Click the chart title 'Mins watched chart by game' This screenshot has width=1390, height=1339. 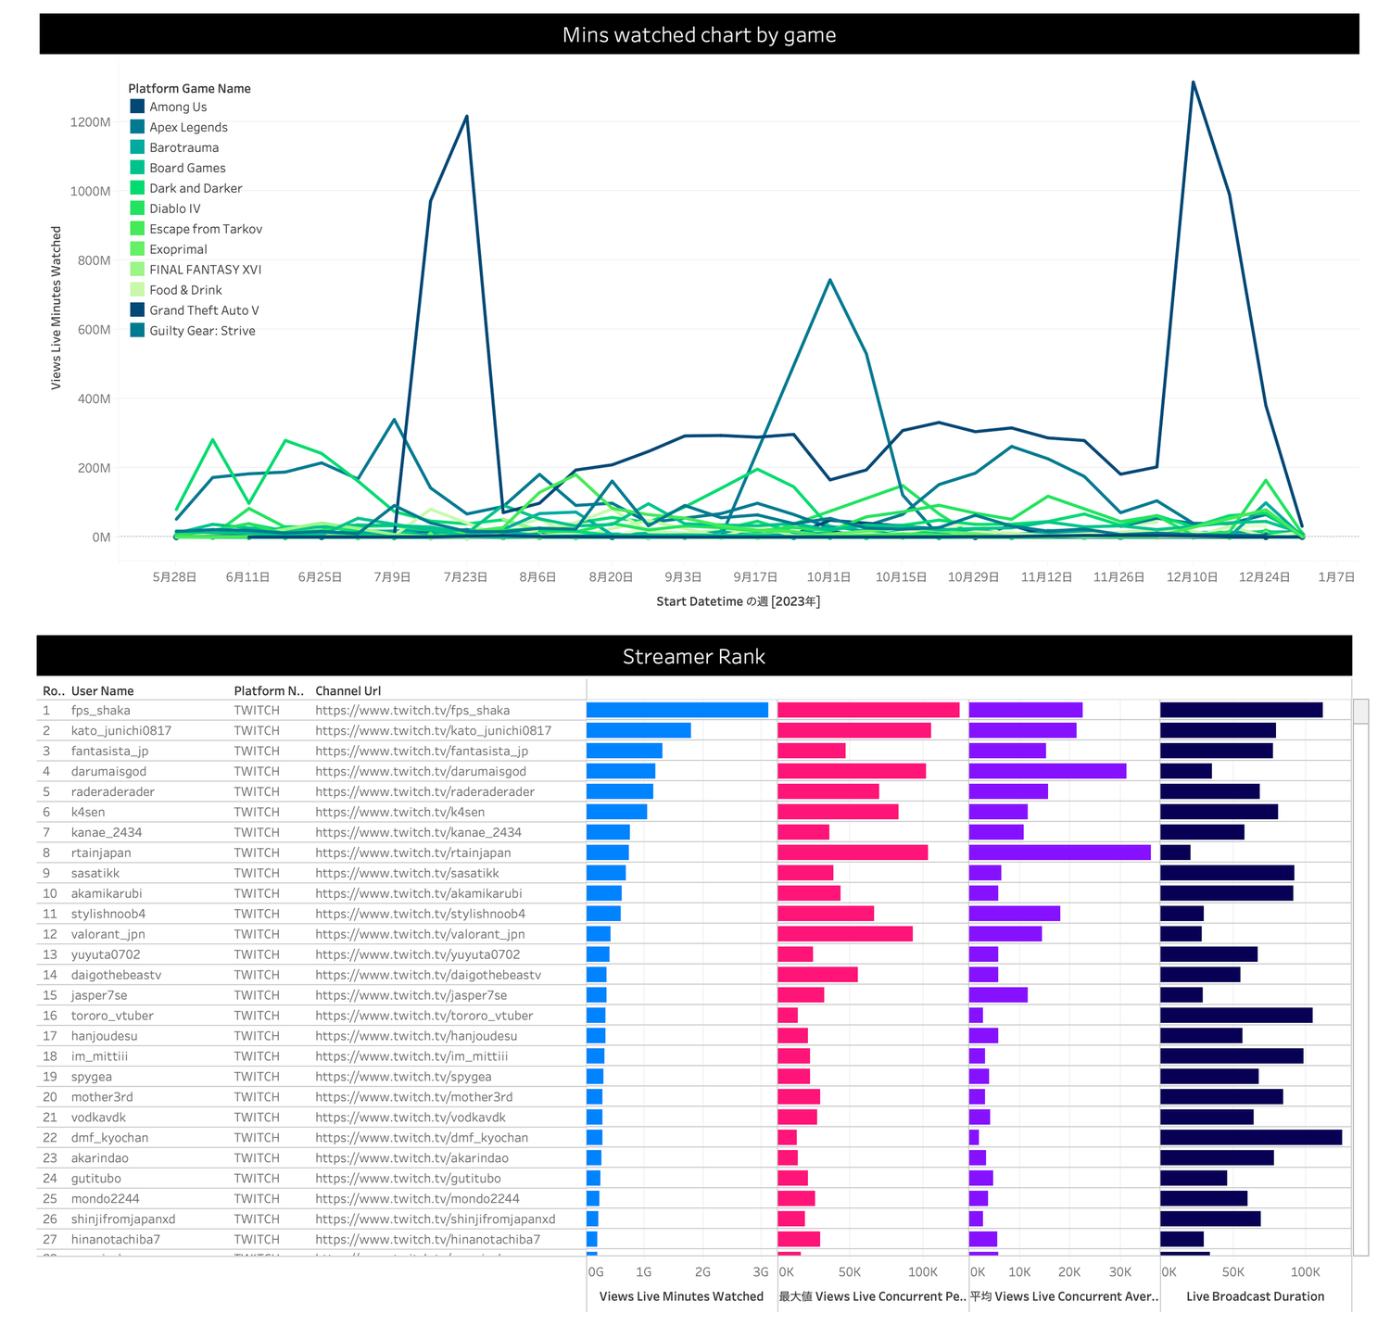coord(699,35)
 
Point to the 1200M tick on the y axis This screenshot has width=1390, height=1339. coord(91,122)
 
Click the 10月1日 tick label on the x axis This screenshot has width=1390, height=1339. coord(828,576)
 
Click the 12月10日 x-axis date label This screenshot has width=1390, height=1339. coord(1192,576)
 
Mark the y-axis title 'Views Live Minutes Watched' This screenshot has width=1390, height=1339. coord(57,308)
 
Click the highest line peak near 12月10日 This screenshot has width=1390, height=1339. coord(1193,82)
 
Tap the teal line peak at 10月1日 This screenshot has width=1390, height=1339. coord(829,280)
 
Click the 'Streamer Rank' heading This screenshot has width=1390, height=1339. coord(694,657)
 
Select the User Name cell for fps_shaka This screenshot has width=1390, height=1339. coord(101,711)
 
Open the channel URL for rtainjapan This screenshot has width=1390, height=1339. coord(413,853)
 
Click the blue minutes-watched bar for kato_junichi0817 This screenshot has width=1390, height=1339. coord(638,730)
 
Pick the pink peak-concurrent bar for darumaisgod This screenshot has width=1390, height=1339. coord(852,771)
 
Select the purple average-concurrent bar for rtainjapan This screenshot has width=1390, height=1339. coord(1060,853)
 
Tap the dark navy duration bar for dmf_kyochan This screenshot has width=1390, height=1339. coord(1251,1137)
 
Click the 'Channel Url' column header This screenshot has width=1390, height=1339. coord(348,691)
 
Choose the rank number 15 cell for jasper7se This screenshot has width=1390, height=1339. coord(50,995)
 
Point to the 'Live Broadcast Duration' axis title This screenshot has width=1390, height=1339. coord(1256,1296)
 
